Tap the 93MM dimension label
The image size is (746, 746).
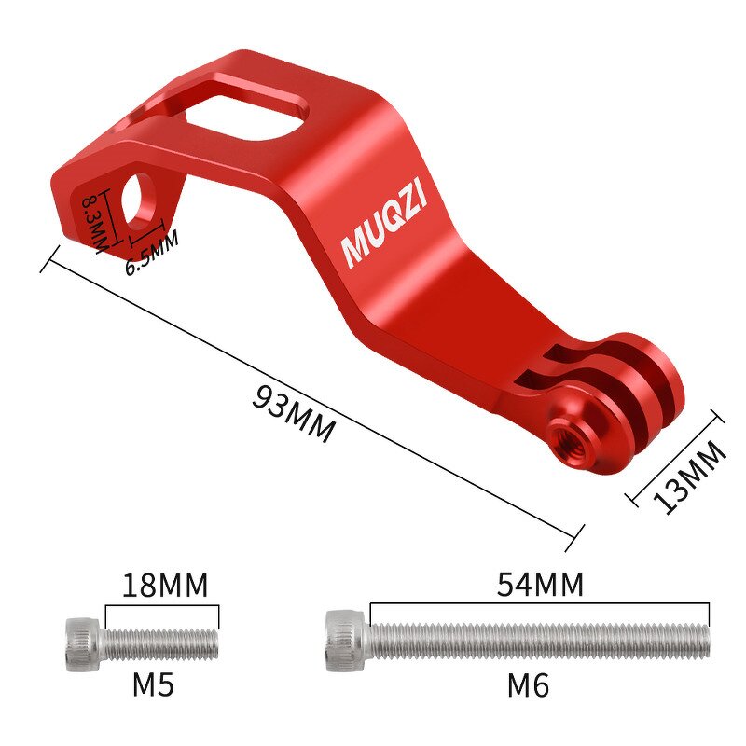tap(293, 412)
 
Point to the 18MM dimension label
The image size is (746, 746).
tap(165, 586)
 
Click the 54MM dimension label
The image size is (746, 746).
tap(540, 585)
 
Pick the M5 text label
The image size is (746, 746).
tap(153, 685)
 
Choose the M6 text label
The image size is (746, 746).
tap(528, 686)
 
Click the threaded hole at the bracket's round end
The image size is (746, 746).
tap(565, 435)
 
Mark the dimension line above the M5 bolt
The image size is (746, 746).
tap(162, 605)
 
